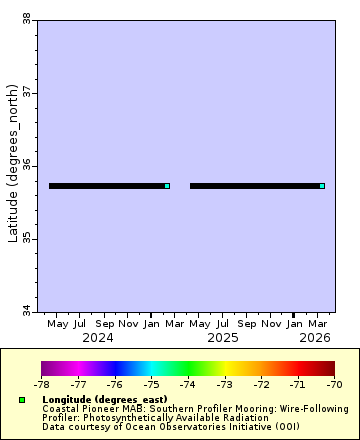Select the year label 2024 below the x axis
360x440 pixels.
97,338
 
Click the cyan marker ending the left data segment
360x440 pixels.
167,186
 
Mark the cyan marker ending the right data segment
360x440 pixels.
322,186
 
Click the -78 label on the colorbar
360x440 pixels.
41,383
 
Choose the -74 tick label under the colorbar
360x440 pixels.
188,383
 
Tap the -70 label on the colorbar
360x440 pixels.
334,383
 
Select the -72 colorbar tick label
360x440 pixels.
261,383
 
